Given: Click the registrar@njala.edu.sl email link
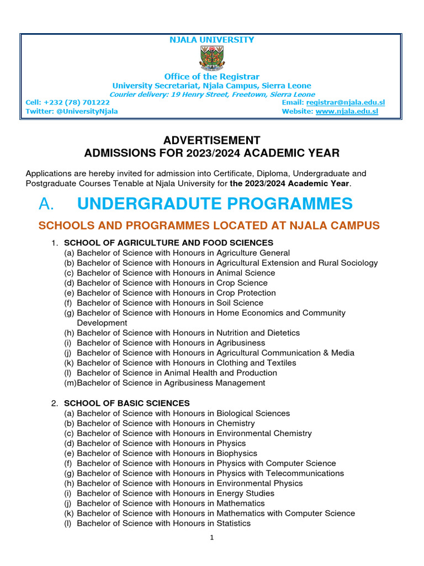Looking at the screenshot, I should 345,103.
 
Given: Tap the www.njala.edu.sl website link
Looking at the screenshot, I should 347,112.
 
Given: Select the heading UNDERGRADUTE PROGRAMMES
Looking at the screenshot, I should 215,204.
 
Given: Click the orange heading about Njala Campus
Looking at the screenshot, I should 209,226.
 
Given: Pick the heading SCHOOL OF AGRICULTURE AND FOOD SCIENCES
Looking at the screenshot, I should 168,243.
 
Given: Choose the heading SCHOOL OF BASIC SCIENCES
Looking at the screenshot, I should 127,403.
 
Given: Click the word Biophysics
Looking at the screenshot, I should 236,453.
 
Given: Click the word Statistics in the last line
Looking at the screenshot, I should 233,523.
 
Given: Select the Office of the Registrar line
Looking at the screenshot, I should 211,76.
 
